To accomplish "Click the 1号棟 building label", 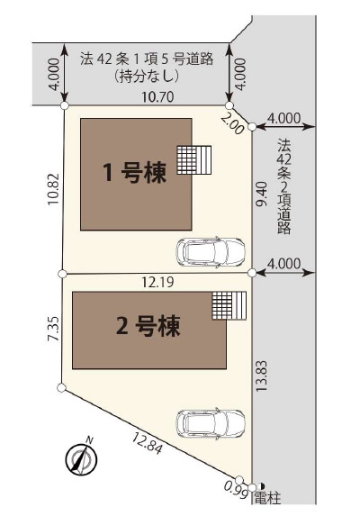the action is pos(135,173).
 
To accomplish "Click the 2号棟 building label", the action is pos(148,326).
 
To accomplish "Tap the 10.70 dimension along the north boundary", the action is pos(157,97).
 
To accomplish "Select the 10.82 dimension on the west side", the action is pos(53,189).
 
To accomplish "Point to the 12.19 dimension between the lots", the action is pos(157,283).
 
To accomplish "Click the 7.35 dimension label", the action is pos(53,329).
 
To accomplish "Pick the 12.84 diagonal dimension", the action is pos(148,443).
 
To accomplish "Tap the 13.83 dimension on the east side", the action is pos(262,376).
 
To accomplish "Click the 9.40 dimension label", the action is pos(262,194).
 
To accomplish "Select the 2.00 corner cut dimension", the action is pos(232,125).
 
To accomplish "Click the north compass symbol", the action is pos(81,457).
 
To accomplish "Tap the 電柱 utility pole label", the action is pos(267,499).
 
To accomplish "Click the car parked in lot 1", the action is pos(211,252).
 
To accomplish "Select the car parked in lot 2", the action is pos(211,423).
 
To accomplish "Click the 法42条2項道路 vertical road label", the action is pos(283,186).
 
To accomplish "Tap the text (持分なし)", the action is pos(146,77).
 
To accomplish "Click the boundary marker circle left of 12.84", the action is pos(61,388).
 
